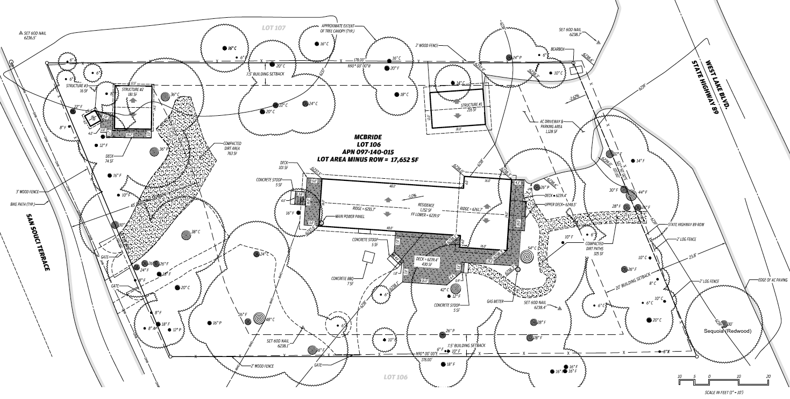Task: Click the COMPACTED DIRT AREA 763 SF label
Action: click(x=232, y=148)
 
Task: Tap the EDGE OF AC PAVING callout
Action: click(x=772, y=279)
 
